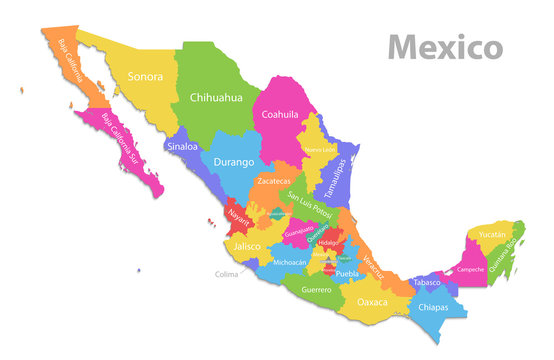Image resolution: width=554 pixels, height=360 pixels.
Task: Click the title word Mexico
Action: pyautogui.click(x=445, y=46)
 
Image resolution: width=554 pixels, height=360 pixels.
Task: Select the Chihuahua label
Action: pyautogui.click(x=216, y=97)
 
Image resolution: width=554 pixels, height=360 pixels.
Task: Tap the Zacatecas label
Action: pyautogui.click(x=273, y=182)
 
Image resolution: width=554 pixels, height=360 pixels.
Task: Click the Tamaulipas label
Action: pyautogui.click(x=337, y=176)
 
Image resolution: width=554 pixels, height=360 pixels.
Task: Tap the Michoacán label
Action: pyautogui.click(x=290, y=262)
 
